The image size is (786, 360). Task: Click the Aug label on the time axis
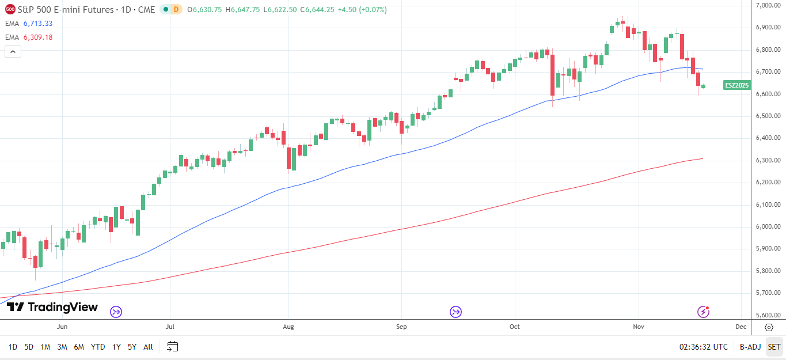click(288, 327)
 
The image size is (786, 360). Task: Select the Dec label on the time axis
click(741, 327)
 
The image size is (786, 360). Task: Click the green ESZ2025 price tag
click(736, 85)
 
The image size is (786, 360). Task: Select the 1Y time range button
click(116, 347)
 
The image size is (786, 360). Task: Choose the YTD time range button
click(98, 347)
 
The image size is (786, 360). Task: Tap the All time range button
click(148, 347)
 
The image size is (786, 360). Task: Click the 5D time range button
click(29, 347)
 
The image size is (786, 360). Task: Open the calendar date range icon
click(173, 347)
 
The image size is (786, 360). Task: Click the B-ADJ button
click(750, 347)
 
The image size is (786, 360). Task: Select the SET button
click(774, 347)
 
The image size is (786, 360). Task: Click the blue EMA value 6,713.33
click(38, 24)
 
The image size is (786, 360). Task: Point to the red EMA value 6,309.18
click(38, 37)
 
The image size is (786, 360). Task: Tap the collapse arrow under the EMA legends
click(13, 51)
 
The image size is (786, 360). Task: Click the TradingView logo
click(52, 307)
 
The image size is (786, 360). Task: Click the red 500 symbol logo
click(10, 10)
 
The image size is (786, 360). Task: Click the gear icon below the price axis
click(769, 327)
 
